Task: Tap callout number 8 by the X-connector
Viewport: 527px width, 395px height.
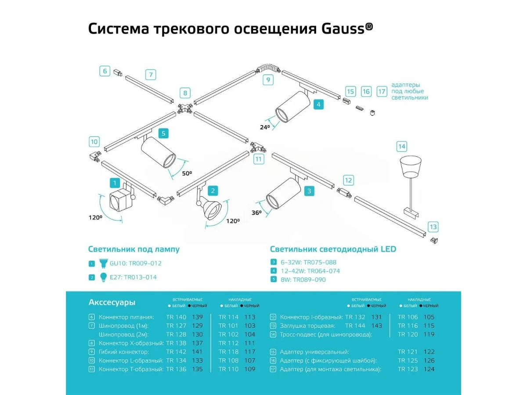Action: [x=185, y=93]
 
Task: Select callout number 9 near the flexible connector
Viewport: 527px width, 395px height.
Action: [x=267, y=80]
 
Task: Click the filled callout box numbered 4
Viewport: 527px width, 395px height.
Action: [x=318, y=104]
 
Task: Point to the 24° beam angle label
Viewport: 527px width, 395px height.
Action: [x=265, y=127]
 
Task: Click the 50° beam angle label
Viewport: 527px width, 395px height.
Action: [x=188, y=173]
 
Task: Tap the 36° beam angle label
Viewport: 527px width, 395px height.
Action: [x=257, y=212]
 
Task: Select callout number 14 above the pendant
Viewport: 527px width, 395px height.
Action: [x=401, y=146]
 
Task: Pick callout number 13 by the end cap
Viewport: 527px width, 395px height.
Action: [x=433, y=227]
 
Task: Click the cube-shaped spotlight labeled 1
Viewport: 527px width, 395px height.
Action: [x=121, y=201]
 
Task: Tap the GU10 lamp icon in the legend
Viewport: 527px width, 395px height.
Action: [x=104, y=263]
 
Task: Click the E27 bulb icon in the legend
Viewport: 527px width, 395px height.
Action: [x=104, y=277]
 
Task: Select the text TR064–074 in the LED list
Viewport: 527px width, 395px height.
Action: [x=323, y=271]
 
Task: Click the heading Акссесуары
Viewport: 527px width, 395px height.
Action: [x=112, y=302]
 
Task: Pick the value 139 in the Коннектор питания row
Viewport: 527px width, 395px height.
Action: [x=198, y=317]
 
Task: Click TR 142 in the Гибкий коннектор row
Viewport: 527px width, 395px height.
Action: [x=176, y=352]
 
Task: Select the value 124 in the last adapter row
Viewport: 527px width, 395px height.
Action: [x=429, y=369]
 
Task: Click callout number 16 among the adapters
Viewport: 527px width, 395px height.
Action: [x=366, y=91]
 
